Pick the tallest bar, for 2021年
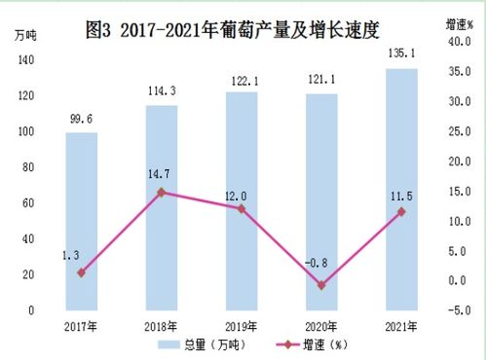point(402,189)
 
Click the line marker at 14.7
point(162,193)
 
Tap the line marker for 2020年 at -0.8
point(322,285)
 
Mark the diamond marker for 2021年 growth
point(402,211)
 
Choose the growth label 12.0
point(235,196)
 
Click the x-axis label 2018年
point(162,325)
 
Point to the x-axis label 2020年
point(322,325)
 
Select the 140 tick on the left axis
point(25,60)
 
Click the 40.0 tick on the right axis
point(459,43)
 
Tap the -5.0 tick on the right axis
point(459,310)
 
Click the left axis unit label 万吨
point(27,36)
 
